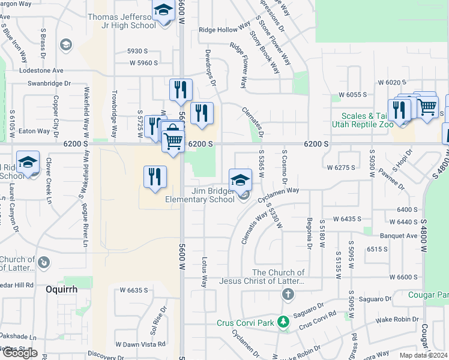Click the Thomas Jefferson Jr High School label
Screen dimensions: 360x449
(x=122, y=22)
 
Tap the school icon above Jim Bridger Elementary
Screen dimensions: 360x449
(x=240, y=178)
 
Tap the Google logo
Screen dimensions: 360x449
(x=19, y=353)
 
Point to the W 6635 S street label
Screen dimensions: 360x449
(x=133, y=290)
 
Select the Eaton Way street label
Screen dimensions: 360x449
(x=34, y=131)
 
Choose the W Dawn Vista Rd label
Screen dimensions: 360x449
(x=140, y=344)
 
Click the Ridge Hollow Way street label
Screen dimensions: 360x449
(x=224, y=29)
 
